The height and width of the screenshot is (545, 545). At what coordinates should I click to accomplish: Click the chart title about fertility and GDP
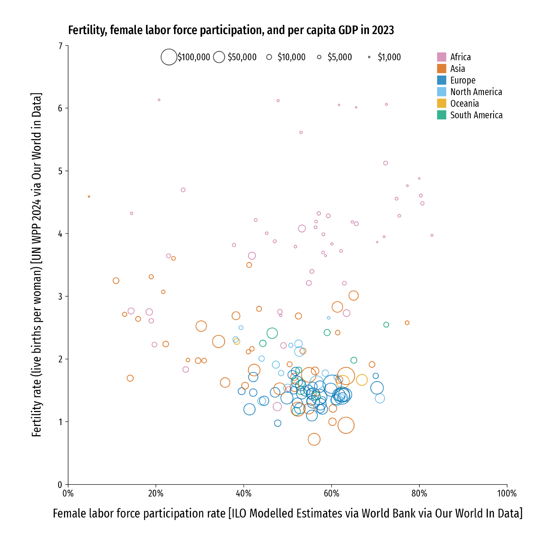tap(231, 30)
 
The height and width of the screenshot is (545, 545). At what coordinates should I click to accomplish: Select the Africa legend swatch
tap(441, 57)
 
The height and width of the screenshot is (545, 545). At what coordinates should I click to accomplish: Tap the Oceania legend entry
tap(464, 104)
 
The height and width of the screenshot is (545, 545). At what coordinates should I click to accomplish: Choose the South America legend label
tap(476, 115)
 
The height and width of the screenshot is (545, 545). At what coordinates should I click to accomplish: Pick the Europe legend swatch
tap(441, 80)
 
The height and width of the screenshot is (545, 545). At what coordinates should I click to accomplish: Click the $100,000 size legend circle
tap(169, 57)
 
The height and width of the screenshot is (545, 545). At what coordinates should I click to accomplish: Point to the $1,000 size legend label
tap(389, 57)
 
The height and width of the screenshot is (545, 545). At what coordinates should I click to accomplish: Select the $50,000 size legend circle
tap(219, 57)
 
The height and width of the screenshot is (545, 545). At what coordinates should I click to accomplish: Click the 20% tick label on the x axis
tap(156, 493)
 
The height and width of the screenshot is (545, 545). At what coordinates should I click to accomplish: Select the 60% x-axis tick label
tap(331, 493)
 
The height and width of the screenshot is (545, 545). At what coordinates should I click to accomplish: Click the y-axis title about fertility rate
tap(37, 265)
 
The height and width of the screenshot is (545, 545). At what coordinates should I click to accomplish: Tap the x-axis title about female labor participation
tap(287, 513)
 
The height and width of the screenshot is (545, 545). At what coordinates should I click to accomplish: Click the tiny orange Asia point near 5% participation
tap(89, 197)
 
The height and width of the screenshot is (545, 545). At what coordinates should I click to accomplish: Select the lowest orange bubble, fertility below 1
tap(314, 439)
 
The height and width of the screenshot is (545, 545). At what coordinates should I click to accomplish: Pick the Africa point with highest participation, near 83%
tap(432, 235)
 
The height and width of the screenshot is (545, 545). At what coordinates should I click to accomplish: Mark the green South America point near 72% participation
tap(386, 325)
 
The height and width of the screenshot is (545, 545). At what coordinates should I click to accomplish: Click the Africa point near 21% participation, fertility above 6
tap(159, 100)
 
